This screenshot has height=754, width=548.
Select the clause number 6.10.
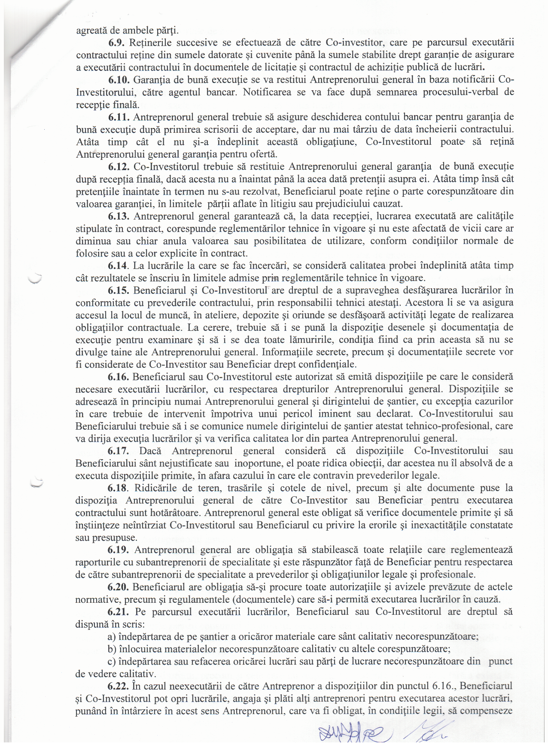pyautogui.click(x=119, y=80)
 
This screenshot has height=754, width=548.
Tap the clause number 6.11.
pyautogui.click(x=119, y=117)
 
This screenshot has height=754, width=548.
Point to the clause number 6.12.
pyautogui.click(x=119, y=167)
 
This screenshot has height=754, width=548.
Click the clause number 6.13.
pyautogui.click(x=119, y=216)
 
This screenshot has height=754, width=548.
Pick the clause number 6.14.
pyautogui.click(x=119, y=266)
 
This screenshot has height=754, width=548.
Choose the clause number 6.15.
pyautogui.click(x=119, y=290)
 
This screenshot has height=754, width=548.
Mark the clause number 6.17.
pyautogui.click(x=119, y=451)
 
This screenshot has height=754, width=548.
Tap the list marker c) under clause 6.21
pyautogui.click(x=111, y=662)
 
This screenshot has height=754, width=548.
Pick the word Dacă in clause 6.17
pyautogui.click(x=150, y=451)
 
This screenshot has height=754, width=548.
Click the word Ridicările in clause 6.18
pyautogui.click(x=155, y=488)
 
